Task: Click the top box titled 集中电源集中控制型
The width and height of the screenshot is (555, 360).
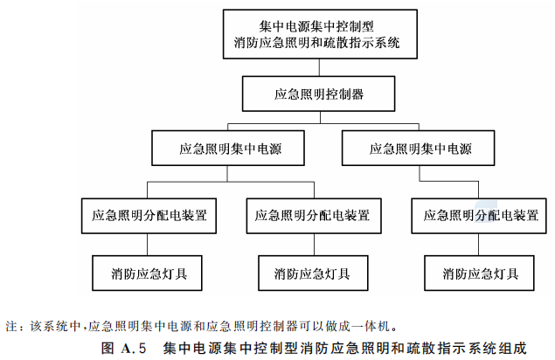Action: (320, 34)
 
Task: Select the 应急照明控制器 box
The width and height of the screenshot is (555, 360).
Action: (318, 93)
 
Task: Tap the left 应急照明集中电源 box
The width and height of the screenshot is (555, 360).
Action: (228, 148)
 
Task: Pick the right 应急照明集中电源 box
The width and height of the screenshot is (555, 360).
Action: (418, 148)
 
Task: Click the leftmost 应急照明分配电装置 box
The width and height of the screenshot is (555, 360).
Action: (149, 216)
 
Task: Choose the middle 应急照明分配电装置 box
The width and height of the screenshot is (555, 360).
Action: (314, 216)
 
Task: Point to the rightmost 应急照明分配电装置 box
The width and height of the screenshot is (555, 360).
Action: (479, 216)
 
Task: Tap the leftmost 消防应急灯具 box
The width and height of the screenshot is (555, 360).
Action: (147, 273)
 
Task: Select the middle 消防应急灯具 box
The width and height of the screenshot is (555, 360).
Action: (313, 273)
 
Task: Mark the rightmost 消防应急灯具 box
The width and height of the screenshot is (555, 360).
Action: (479, 273)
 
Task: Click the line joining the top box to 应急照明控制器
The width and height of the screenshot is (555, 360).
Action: (320, 67)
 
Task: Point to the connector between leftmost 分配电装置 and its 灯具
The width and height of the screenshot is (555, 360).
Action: (147, 245)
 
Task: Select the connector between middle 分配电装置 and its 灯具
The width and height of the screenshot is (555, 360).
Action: (314, 245)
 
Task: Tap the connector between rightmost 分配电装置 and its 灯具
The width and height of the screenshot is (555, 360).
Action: (479, 245)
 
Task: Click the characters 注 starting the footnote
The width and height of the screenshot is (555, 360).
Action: (11, 326)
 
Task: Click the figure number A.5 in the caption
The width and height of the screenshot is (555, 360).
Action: (134, 349)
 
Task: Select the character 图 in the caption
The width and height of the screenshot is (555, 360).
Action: (108, 349)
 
